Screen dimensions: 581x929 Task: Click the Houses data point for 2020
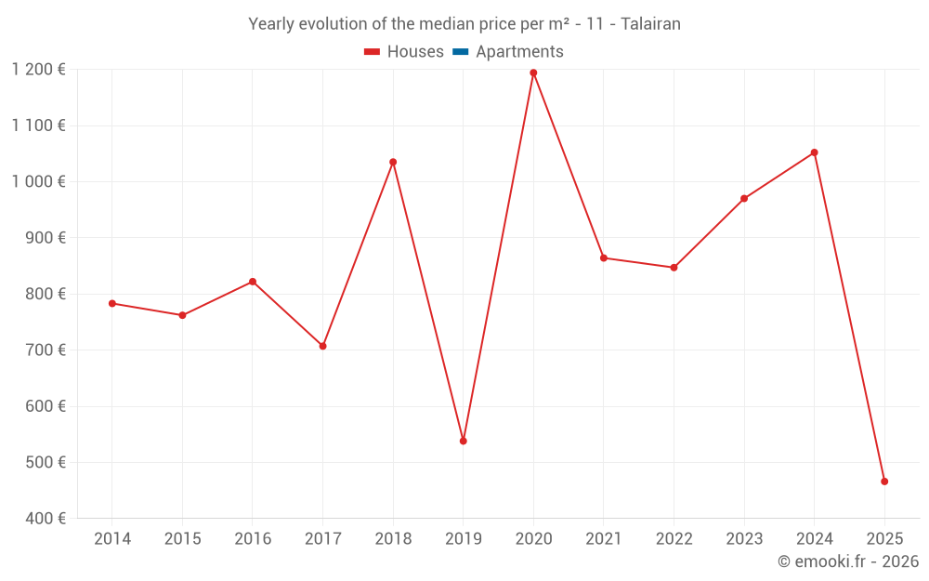533,73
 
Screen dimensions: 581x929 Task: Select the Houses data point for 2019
463,441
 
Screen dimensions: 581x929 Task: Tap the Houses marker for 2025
884,482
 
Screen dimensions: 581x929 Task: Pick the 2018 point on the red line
393,162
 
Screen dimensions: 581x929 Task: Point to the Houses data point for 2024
814,152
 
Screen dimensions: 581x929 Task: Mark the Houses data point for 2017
322,346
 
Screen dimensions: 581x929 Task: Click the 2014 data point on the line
112,303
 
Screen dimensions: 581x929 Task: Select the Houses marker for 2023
744,198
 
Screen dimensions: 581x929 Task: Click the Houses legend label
415,52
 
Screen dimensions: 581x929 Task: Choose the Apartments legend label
519,52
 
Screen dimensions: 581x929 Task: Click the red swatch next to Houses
373,52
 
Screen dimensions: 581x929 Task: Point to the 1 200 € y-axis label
38,70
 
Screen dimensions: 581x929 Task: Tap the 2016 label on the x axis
253,539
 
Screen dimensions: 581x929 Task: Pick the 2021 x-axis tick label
604,539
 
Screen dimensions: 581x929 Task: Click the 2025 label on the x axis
884,539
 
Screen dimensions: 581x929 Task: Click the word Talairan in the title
649,24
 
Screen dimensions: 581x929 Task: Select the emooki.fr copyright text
847,561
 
